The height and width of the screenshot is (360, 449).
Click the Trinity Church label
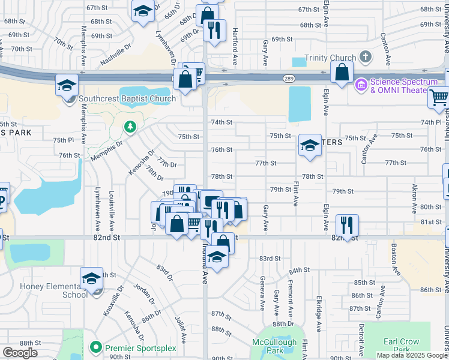coord(330,58)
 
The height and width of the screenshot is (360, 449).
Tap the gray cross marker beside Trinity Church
coord(365,58)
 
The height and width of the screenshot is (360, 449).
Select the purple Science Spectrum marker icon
coord(361,85)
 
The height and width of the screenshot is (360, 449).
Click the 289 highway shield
coord(288,78)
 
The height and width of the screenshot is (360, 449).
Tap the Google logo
coord(20,353)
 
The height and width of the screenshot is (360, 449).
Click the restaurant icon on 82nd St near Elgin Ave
coord(347,225)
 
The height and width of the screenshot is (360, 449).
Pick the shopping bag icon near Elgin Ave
coord(342,73)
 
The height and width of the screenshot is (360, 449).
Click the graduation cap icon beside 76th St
coord(310,145)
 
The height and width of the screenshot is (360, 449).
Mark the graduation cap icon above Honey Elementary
coord(91,278)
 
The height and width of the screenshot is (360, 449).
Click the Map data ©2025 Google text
coord(411,355)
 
